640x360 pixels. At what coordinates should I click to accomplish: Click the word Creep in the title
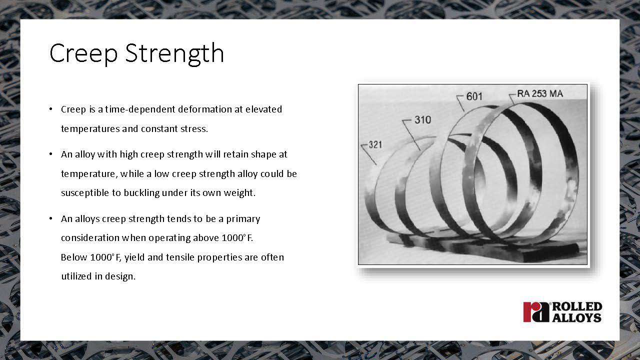click(x=83, y=53)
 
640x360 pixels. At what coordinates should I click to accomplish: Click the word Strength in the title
click(x=174, y=53)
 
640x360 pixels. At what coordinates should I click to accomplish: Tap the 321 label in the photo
click(x=375, y=144)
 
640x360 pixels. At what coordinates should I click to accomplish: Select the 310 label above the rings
click(x=422, y=119)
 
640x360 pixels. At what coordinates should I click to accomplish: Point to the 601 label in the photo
click(x=474, y=96)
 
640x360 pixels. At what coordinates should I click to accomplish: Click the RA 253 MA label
click(x=540, y=93)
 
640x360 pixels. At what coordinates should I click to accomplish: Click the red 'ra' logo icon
click(x=536, y=312)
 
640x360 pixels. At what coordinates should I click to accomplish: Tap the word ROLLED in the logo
click(x=577, y=306)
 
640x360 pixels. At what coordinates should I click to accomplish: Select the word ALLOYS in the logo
click(x=577, y=317)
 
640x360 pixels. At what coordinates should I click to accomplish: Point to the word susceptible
click(x=85, y=193)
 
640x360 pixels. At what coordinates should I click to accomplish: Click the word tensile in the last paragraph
click(x=180, y=257)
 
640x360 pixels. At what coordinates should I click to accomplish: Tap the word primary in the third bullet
click(x=243, y=219)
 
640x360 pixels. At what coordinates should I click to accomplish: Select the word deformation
click(x=205, y=109)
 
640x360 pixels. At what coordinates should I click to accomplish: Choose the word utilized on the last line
click(x=76, y=276)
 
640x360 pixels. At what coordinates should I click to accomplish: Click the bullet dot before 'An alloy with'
click(x=51, y=154)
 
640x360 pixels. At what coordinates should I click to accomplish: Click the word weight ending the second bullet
click(x=239, y=193)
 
